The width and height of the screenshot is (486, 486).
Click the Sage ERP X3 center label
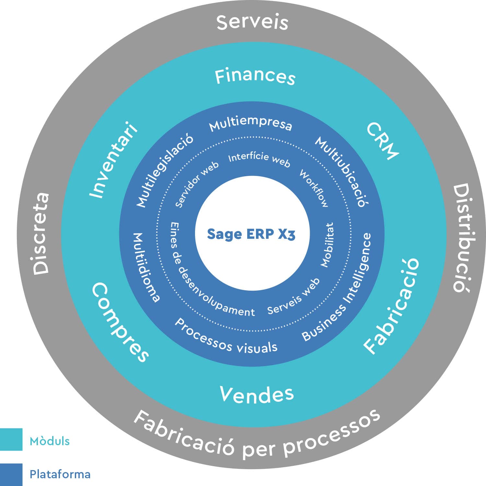pos(251,234)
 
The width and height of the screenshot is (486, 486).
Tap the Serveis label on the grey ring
pos(252,22)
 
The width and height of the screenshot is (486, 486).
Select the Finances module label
pos(255,76)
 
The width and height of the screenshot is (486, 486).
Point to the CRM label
pos(383,141)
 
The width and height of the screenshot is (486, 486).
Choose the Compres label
pos(120,322)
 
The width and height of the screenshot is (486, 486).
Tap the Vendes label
pos(257,394)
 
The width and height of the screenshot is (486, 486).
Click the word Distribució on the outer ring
pos(461,238)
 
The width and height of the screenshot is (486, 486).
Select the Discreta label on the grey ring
pos(41,234)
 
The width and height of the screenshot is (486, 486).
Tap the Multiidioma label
pos(146,268)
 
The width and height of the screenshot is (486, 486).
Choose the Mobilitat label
pos(327,245)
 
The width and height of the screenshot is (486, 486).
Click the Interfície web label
pos(259,159)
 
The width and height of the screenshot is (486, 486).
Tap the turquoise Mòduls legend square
pos(11,439)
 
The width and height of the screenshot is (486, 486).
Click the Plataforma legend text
pos(60,474)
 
